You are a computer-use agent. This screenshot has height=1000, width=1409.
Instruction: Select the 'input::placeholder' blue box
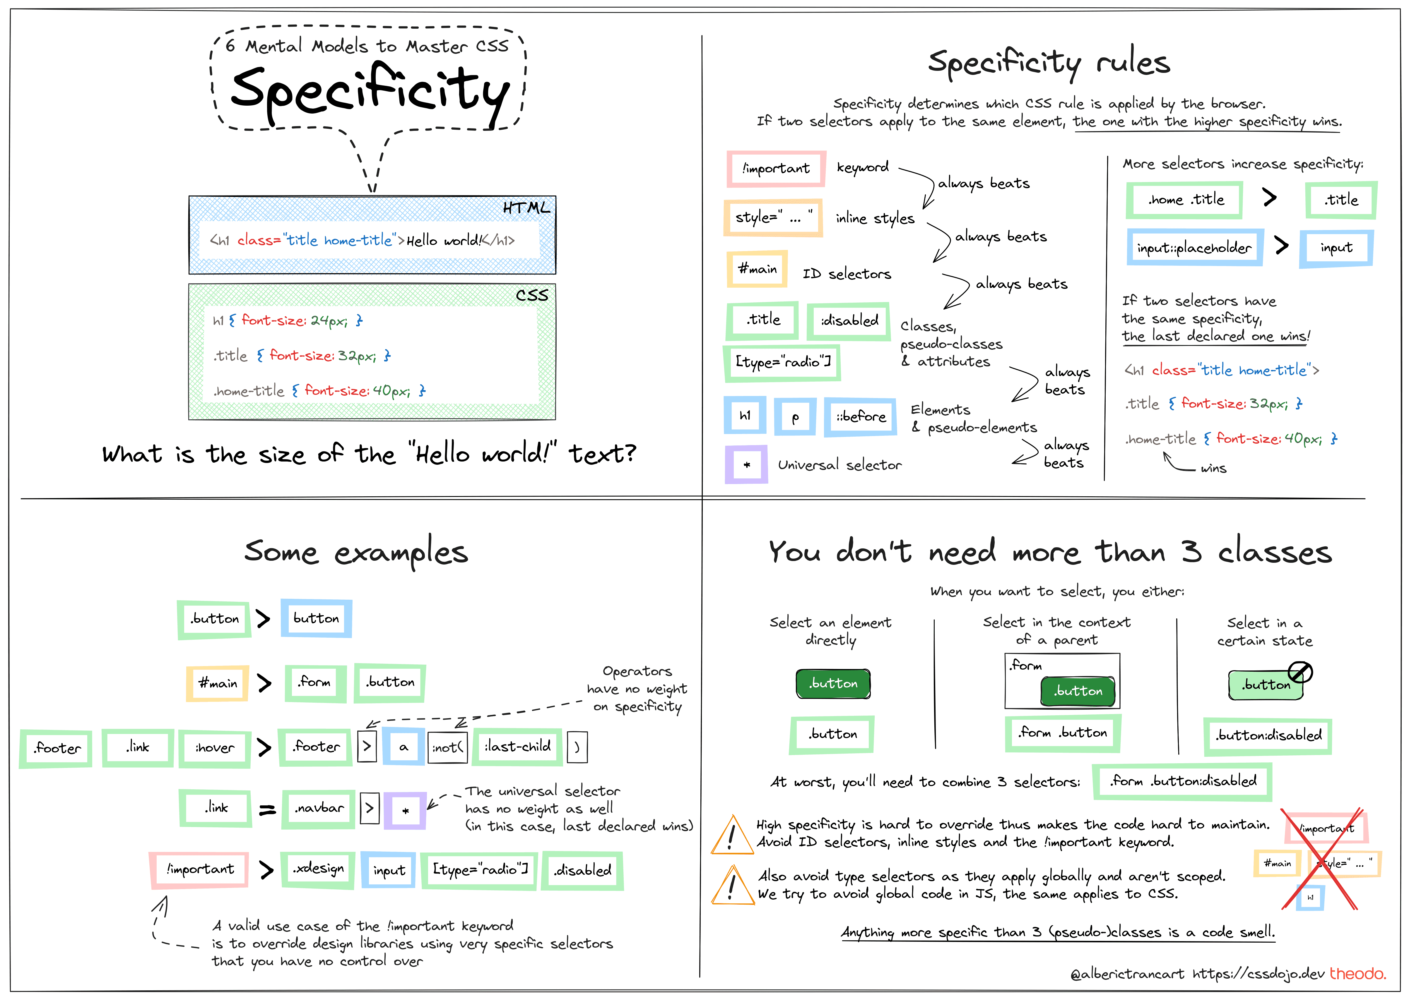point(1194,248)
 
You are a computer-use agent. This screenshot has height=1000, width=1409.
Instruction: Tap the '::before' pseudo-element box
point(860,417)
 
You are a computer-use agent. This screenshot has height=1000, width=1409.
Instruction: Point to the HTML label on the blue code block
point(526,208)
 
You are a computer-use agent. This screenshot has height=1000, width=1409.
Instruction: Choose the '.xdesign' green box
point(318,869)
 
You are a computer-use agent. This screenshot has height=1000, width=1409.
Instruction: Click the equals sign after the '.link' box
point(267,810)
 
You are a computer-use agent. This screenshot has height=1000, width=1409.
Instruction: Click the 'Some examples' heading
point(356,552)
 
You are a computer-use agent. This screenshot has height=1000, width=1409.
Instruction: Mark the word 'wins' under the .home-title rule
point(1213,469)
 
